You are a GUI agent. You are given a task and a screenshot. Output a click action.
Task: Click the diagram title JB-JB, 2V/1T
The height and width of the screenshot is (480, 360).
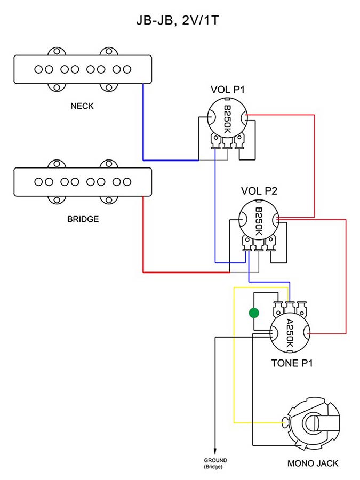180,21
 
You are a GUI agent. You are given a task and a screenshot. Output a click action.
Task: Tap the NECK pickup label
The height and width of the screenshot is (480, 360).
82,106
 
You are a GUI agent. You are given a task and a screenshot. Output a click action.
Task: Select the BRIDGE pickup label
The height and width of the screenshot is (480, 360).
83,219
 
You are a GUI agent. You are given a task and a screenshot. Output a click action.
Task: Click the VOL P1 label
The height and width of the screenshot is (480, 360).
228,90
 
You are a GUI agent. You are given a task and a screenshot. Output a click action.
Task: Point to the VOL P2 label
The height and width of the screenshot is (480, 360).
259,190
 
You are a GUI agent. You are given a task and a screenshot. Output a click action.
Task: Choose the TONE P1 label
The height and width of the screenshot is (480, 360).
292,363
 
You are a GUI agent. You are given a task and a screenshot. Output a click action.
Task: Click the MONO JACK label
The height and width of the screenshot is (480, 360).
313,463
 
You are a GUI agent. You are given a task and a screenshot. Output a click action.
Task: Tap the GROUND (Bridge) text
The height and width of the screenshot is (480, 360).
215,462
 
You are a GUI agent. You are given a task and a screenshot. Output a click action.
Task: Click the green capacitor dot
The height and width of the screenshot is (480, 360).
254,313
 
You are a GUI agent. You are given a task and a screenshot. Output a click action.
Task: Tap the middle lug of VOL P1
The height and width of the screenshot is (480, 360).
227,142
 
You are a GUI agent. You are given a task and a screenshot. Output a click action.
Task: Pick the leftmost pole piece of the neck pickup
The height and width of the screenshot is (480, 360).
38,69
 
